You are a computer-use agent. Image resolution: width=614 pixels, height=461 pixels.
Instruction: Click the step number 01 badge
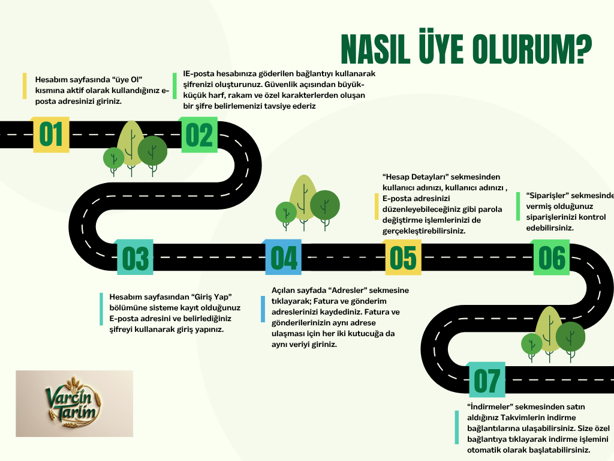[51, 134]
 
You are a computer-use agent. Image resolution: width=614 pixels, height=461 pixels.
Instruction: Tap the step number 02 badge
[199, 134]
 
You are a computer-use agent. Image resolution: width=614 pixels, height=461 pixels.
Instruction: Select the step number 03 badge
[135, 258]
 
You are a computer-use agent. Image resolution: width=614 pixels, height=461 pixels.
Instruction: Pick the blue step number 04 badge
[284, 258]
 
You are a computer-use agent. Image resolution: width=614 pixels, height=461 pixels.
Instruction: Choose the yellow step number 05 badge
[402, 258]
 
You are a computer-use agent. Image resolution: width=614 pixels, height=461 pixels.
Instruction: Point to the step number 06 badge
[551, 258]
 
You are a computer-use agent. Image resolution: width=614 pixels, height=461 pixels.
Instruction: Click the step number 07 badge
[486, 380]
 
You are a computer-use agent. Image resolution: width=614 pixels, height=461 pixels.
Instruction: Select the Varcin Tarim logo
[74, 403]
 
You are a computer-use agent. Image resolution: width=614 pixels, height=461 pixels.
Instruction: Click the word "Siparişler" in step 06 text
[546, 196]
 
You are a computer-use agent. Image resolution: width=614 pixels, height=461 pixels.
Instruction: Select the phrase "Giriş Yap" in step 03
[212, 297]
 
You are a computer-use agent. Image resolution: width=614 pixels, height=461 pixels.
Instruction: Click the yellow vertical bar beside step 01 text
[25, 86]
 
